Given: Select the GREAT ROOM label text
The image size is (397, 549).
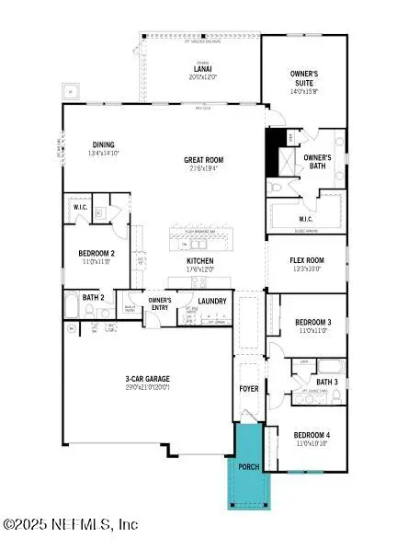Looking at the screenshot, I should coord(205,160).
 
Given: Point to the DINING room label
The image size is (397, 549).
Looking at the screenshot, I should coord(102,143).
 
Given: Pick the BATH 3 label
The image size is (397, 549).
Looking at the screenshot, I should coord(327,382).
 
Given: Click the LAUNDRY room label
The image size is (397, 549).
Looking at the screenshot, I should coord(212,301).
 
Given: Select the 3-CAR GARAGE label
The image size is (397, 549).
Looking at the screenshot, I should coord(148,378).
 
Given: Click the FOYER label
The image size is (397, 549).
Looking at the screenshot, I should coord(249,389).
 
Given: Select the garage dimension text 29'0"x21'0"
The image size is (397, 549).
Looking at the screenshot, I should coord(148,387).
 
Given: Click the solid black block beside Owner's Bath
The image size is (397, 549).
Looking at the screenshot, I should coord(273,152).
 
